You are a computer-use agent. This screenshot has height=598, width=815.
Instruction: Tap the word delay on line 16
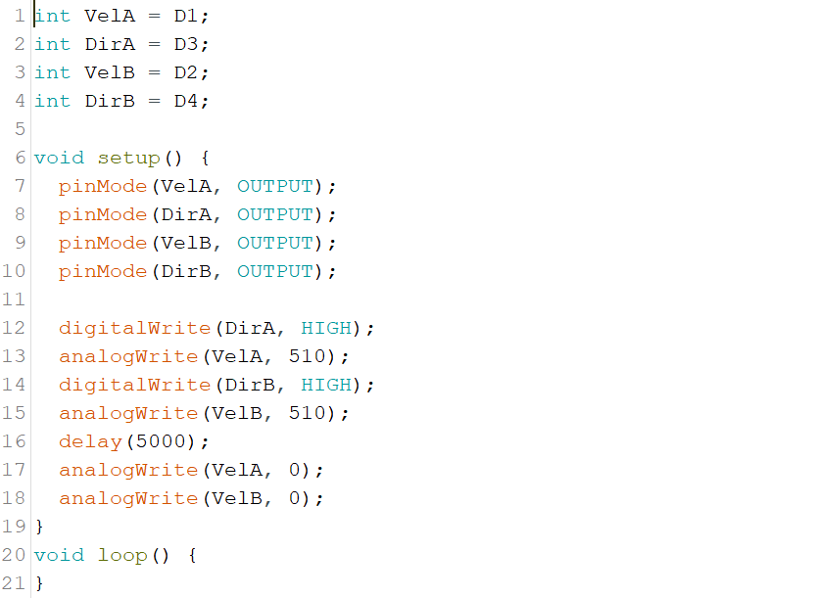click(90, 441)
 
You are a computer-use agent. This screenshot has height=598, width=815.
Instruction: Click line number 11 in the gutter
click(14, 299)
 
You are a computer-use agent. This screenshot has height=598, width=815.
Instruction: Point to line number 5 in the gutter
click(20, 129)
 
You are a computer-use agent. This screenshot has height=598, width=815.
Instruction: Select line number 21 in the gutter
click(14, 583)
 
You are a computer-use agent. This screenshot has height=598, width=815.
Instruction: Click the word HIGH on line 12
click(326, 328)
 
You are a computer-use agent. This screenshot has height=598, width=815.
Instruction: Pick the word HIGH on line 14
click(326, 385)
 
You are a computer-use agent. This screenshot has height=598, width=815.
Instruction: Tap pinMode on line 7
click(103, 186)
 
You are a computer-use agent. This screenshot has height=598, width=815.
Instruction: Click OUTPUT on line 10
click(275, 271)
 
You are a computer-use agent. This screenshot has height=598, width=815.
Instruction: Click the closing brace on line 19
click(39, 527)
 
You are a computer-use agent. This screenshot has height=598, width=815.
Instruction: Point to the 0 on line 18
click(295, 498)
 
